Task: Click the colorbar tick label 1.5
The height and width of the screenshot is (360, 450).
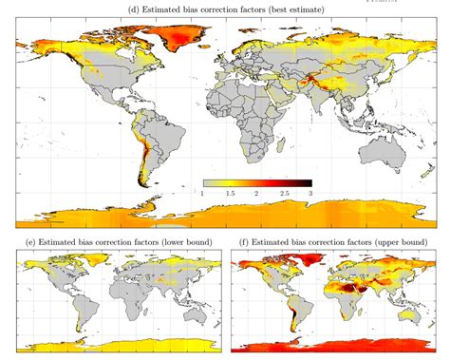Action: coord(230,193)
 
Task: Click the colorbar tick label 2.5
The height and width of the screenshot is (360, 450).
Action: coord(284,193)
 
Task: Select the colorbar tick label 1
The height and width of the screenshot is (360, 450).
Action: coord(203,193)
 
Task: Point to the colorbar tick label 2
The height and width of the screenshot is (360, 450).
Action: coord(257,193)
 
